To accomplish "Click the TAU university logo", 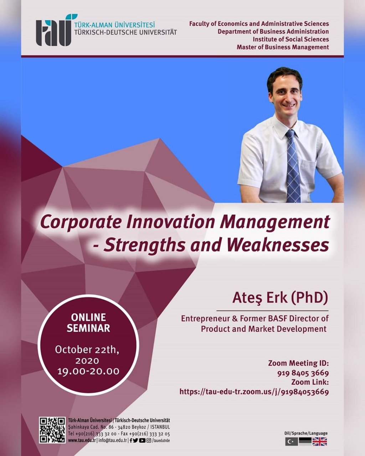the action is tap(53, 30).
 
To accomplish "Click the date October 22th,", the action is tap(87, 350).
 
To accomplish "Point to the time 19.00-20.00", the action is tap(88, 372).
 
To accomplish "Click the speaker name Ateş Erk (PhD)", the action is tap(280, 297).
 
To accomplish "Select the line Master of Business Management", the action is tap(283, 47).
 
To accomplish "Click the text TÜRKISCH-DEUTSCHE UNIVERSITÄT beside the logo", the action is tap(125, 32).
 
